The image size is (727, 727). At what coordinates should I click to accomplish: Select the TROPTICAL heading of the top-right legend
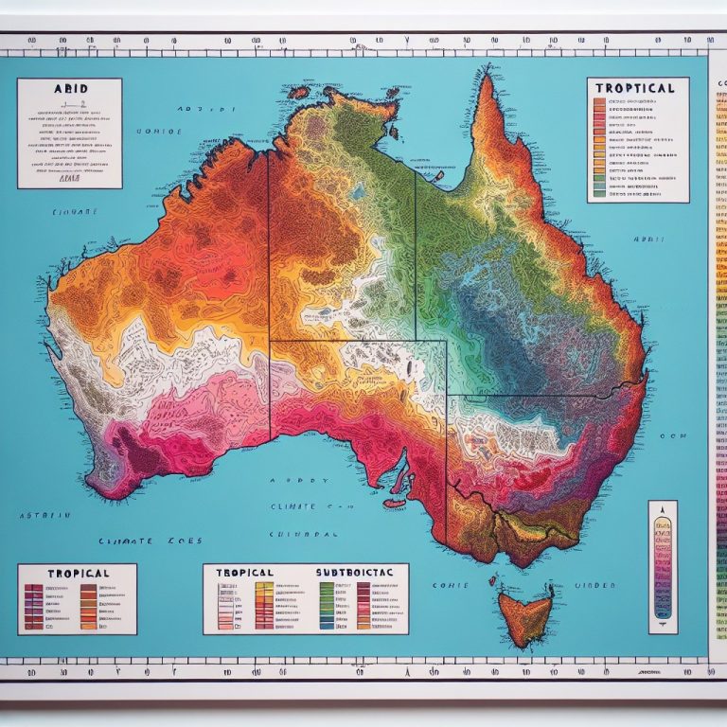point(635,88)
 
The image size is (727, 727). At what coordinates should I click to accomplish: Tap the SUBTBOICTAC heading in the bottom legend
point(352,573)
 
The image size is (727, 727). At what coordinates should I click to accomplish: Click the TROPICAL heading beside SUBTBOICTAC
point(244,573)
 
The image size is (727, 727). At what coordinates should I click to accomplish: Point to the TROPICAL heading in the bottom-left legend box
point(65,573)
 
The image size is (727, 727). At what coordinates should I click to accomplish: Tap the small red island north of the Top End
point(300,93)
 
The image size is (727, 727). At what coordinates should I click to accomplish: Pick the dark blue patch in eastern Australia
point(530,312)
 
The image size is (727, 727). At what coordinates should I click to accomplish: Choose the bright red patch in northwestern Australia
point(218,275)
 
